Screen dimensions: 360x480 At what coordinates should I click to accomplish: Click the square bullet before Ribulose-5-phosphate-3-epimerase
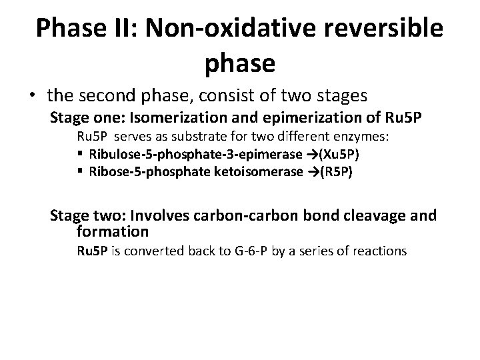[x=80, y=155]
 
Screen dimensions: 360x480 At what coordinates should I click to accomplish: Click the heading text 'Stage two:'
[x=83, y=215]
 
